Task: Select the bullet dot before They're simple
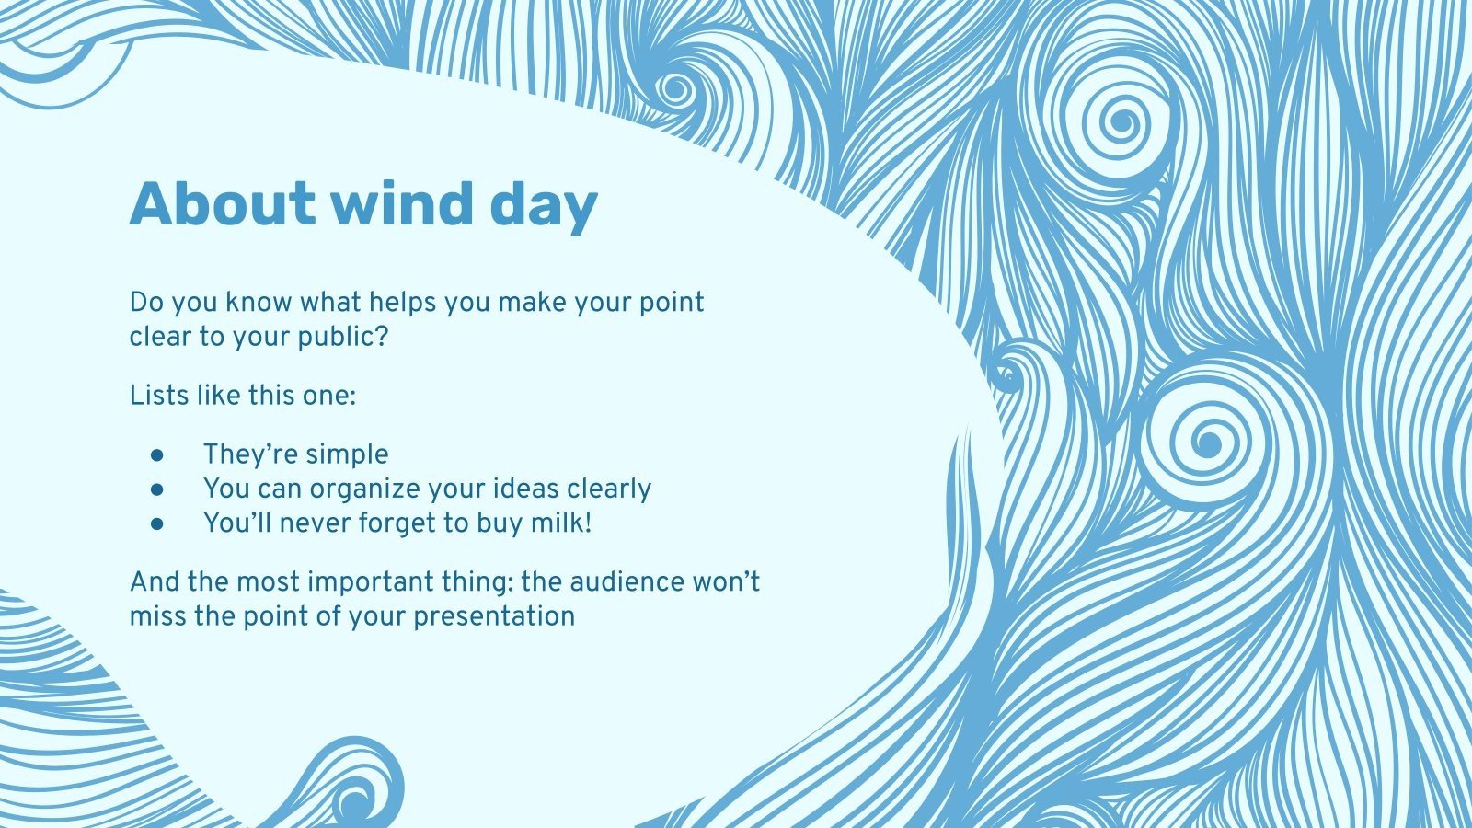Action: coord(157,454)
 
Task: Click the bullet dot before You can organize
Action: coord(157,489)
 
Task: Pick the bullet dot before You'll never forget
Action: coord(157,523)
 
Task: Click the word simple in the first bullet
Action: coord(347,455)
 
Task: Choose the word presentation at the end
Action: coord(494,616)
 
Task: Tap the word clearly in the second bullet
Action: coord(609,489)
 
